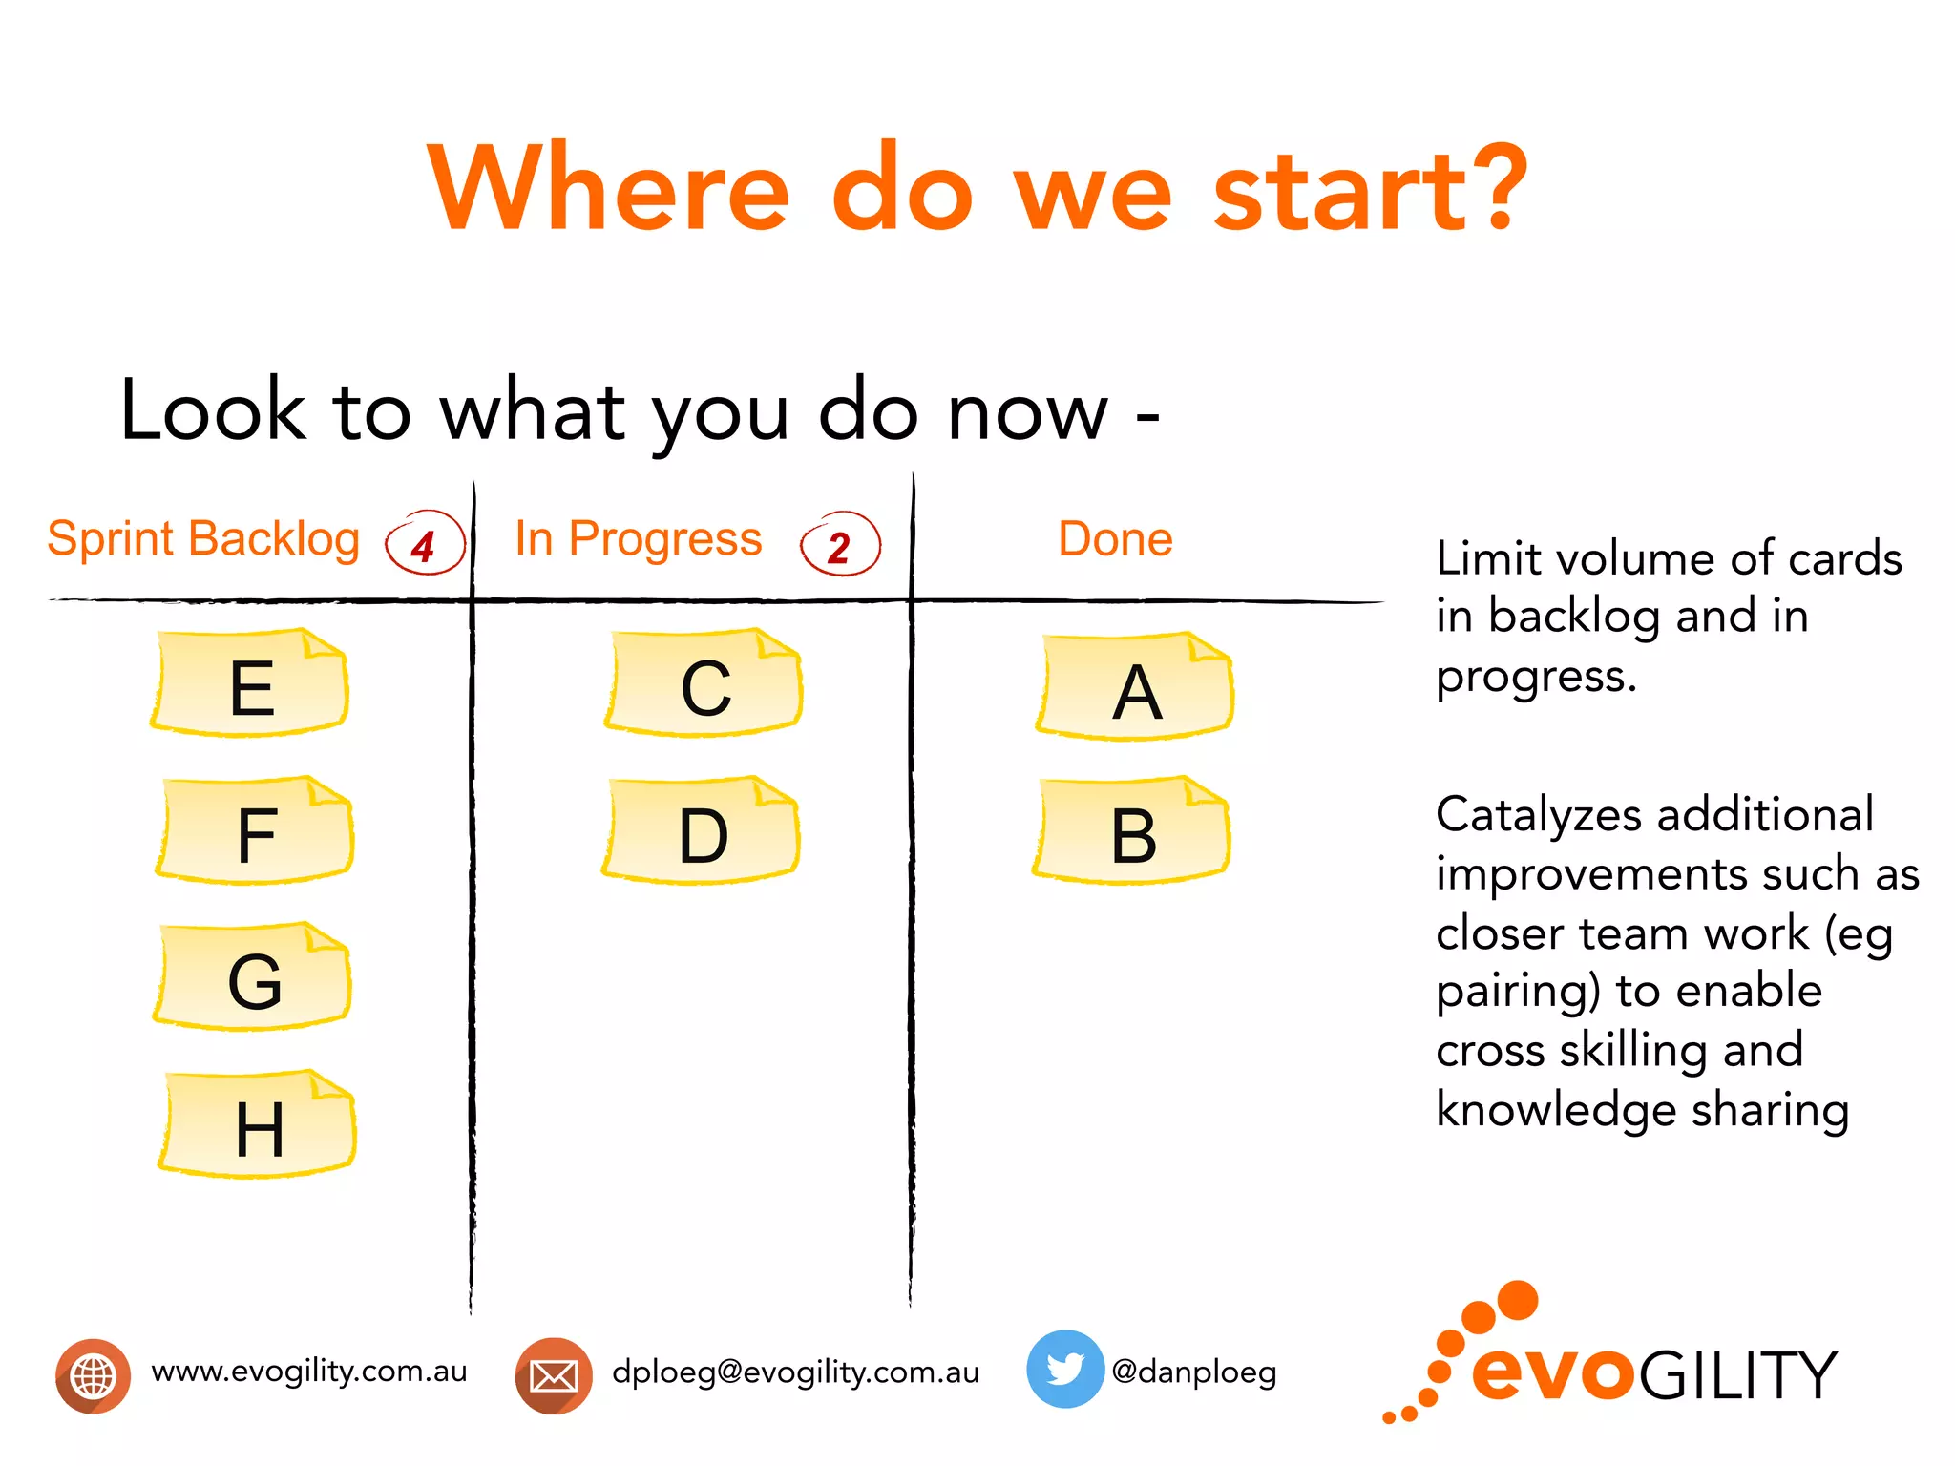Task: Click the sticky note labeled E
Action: (250, 683)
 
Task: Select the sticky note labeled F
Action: (255, 831)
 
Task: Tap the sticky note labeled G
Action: (253, 977)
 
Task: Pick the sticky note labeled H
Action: (258, 1125)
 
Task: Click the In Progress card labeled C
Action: (704, 683)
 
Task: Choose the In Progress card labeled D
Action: (702, 831)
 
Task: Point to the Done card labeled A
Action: (1135, 687)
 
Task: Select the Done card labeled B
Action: (1132, 831)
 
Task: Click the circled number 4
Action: (425, 544)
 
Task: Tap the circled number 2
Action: (840, 545)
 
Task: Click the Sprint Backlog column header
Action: (203, 538)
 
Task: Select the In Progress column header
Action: (639, 538)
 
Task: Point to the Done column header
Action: (1115, 538)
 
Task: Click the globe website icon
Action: (93, 1375)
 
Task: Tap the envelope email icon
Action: (554, 1375)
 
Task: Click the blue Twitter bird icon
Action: (1064, 1369)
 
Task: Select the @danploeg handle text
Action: (1193, 1372)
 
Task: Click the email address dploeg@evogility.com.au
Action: (795, 1372)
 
